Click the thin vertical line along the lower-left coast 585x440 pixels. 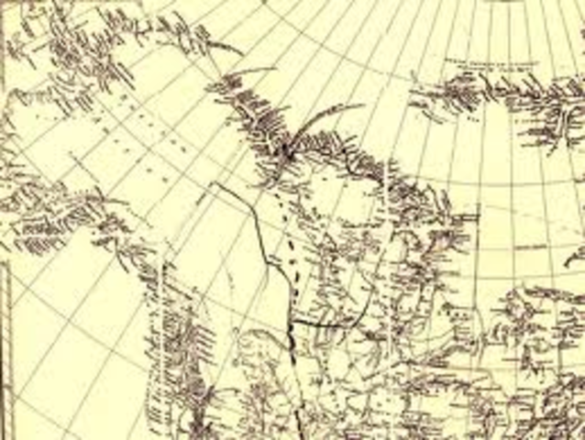pyautogui.click(x=163, y=302)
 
